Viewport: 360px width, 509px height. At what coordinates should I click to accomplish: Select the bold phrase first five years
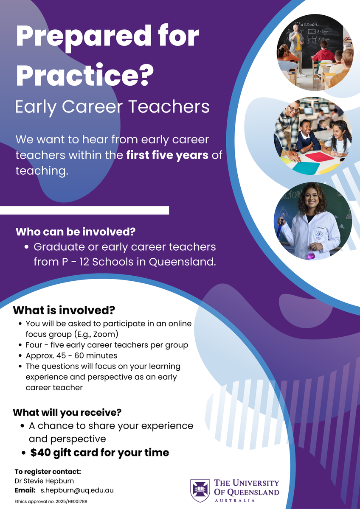point(167,155)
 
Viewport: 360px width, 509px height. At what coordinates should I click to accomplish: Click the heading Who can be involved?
point(76,232)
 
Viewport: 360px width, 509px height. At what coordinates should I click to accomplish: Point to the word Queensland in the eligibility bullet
point(182,262)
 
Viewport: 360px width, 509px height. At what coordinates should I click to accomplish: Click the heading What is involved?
point(64,310)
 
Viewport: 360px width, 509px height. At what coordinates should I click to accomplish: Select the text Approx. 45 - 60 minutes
point(71,355)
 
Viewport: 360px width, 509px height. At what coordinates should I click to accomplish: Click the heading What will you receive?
point(67,412)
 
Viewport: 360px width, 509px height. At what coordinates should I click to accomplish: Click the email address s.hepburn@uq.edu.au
point(77,490)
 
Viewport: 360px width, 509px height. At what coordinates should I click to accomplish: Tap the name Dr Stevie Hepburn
point(44,481)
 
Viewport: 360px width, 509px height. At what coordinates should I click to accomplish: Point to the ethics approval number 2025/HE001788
point(71,501)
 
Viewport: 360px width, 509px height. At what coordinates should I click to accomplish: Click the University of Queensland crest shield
point(200,491)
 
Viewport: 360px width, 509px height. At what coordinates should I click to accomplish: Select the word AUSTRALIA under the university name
point(235,501)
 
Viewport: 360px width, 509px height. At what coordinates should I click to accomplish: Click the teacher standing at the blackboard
point(296,50)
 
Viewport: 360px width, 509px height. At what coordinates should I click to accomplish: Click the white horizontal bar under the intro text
point(84,210)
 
